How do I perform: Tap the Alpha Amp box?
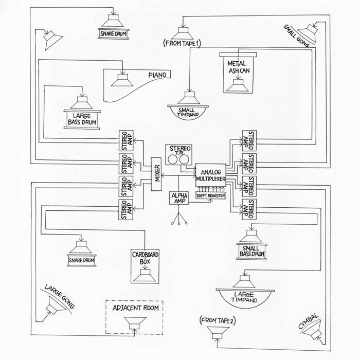178,198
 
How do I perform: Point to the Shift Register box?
210,195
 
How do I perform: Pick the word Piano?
158,75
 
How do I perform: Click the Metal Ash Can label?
238,66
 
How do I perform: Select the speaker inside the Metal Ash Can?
238,85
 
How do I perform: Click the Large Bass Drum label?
82,119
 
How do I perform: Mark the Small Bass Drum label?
251,251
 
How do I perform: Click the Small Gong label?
296,35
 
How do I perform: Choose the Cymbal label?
309,320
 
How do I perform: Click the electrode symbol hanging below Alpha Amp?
178,220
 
